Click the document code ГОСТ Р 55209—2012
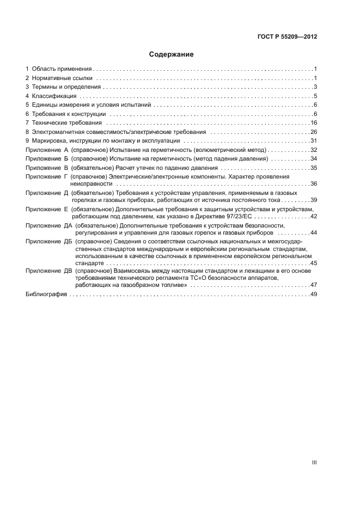(x=287, y=37)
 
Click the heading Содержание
(x=171, y=54)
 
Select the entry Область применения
(x=61, y=70)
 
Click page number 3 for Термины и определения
(x=315, y=87)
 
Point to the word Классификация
(x=51, y=96)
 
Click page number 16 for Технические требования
(x=314, y=122)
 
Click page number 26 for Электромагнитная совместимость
(x=314, y=132)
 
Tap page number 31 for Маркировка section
(x=314, y=140)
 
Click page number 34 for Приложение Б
(x=314, y=158)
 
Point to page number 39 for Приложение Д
(x=314, y=200)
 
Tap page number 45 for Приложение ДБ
(x=314, y=263)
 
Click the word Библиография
(x=46, y=294)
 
